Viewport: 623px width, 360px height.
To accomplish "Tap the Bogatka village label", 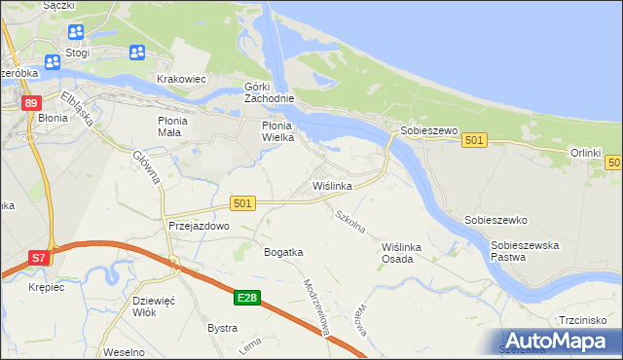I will (283, 252).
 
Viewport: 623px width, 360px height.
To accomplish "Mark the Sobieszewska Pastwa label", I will (525, 252).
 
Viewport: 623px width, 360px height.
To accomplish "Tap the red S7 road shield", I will (37, 258).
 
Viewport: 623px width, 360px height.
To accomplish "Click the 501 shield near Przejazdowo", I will (243, 202).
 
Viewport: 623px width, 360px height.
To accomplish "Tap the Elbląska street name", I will (75, 110).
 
